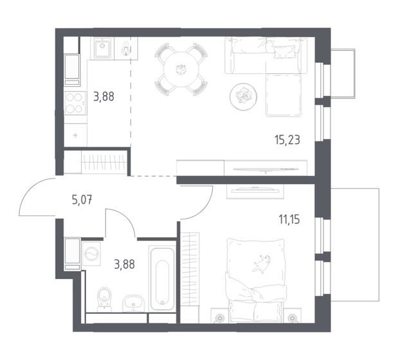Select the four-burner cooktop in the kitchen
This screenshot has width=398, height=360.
pyautogui.click(x=75, y=100)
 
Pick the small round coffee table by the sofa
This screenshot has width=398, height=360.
pyautogui.click(x=244, y=96)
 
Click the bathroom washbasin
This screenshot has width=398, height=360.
pyautogui.click(x=134, y=302)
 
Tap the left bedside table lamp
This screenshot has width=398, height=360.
pyautogui.click(x=219, y=317)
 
